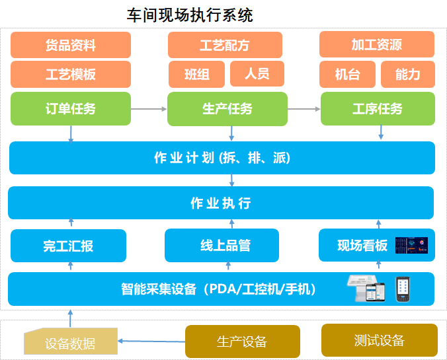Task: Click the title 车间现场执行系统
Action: pyautogui.click(x=190, y=14)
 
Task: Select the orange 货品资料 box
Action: pyautogui.click(x=71, y=45)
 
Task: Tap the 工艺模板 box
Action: pyautogui.click(x=71, y=74)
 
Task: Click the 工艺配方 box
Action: pyautogui.click(x=225, y=45)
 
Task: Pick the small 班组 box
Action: pyautogui.click(x=196, y=74)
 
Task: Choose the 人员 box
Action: pyautogui.click(x=257, y=73)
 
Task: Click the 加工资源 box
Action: pyautogui.click(x=377, y=45)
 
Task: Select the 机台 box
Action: pyautogui.click(x=347, y=74)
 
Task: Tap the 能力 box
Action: pyautogui.click(x=407, y=74)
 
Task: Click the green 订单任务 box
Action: pyautogui.click(x=71, y=109)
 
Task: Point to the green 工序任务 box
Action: pyautogui.click(x=378, y=109)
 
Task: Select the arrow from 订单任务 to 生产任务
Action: pyautogui.click(x=149, y=109)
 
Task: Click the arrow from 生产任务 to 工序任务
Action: pyautogui.click(x=304, y=109)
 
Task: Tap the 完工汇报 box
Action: pyautogui.click(x=68, y=246)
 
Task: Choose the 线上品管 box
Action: pyautogui.click(x=225, y=246)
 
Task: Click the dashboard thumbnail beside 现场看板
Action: pyautogui.click(x=412, y=246)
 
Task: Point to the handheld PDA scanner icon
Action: pyautogui.click(x=402, y=289)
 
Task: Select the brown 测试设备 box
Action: pyautogui.click(x=379, y=340)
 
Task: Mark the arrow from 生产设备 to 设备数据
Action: pyautogui.click(x=151, y=342)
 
